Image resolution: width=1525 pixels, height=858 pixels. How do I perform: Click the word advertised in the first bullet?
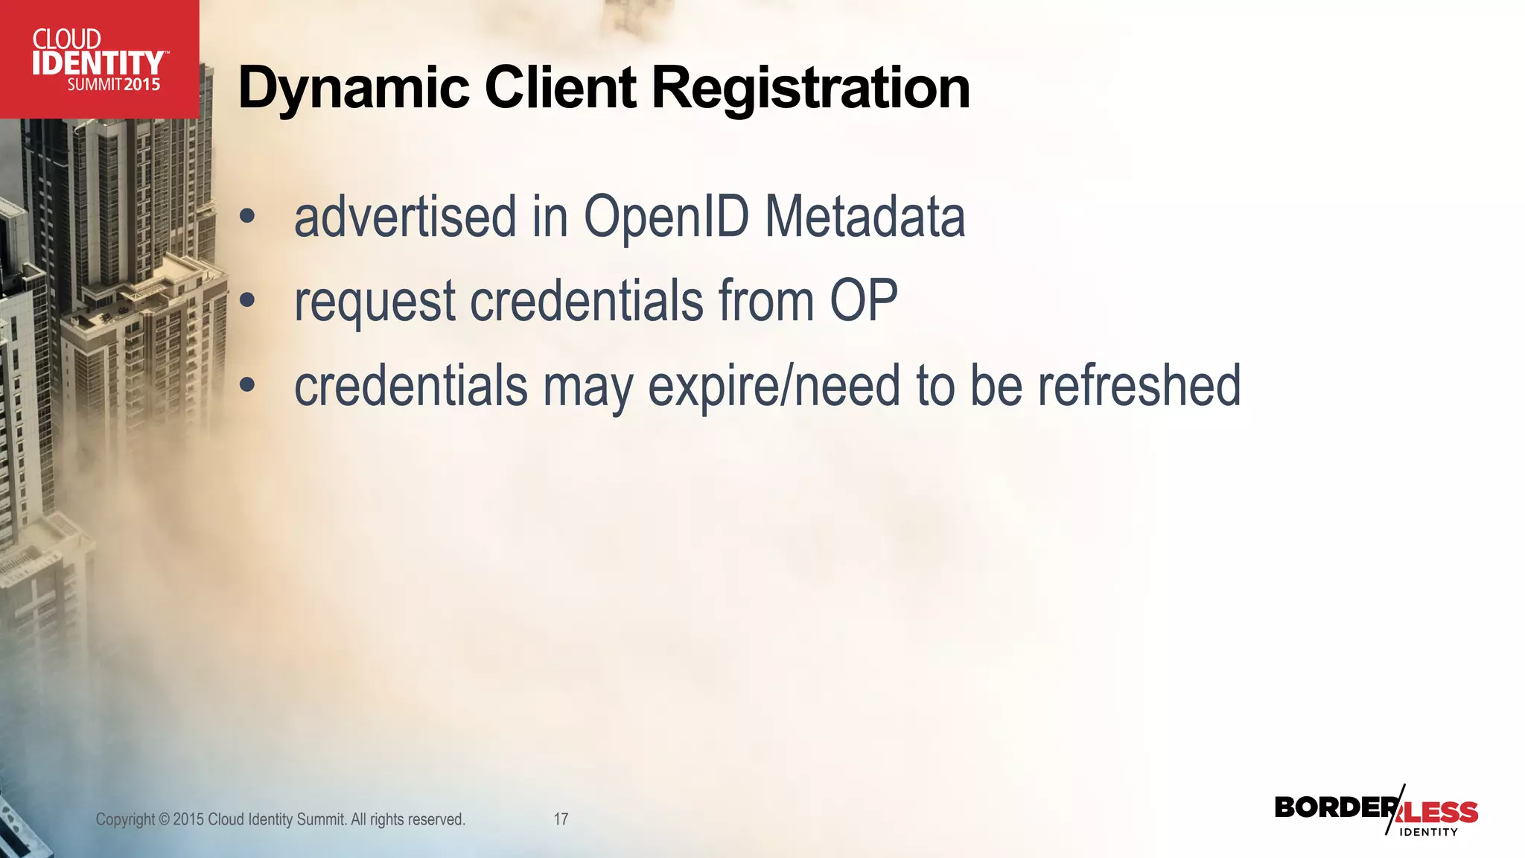[x=405, y=217]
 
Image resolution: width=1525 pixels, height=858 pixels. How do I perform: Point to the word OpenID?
[x=666, y=217]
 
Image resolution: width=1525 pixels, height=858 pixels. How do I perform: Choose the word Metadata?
[x=865, y=217]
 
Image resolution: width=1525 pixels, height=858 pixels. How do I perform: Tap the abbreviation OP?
[x=864, y=301]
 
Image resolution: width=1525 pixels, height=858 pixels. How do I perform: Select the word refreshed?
[x=1139, y=386]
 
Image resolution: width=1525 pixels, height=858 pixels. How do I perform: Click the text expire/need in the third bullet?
[x=774, y=387]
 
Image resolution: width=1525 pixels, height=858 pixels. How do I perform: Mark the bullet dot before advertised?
[x=247, y=217]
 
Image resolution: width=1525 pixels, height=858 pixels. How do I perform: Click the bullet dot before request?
[x=247, y=301]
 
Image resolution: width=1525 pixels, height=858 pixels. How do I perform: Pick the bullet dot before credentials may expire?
[x=247, y=386]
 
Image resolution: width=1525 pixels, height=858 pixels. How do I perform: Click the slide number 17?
[x=561, y=819]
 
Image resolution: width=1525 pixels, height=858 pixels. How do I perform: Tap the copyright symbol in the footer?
[x=164, y=820]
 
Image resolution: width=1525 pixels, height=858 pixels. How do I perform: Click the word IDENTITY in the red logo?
[x=98, y=63]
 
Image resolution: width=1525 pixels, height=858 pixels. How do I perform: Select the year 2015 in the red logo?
[x=142, y=85]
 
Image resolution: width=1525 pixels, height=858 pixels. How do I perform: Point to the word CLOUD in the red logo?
[x=67, y=39]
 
